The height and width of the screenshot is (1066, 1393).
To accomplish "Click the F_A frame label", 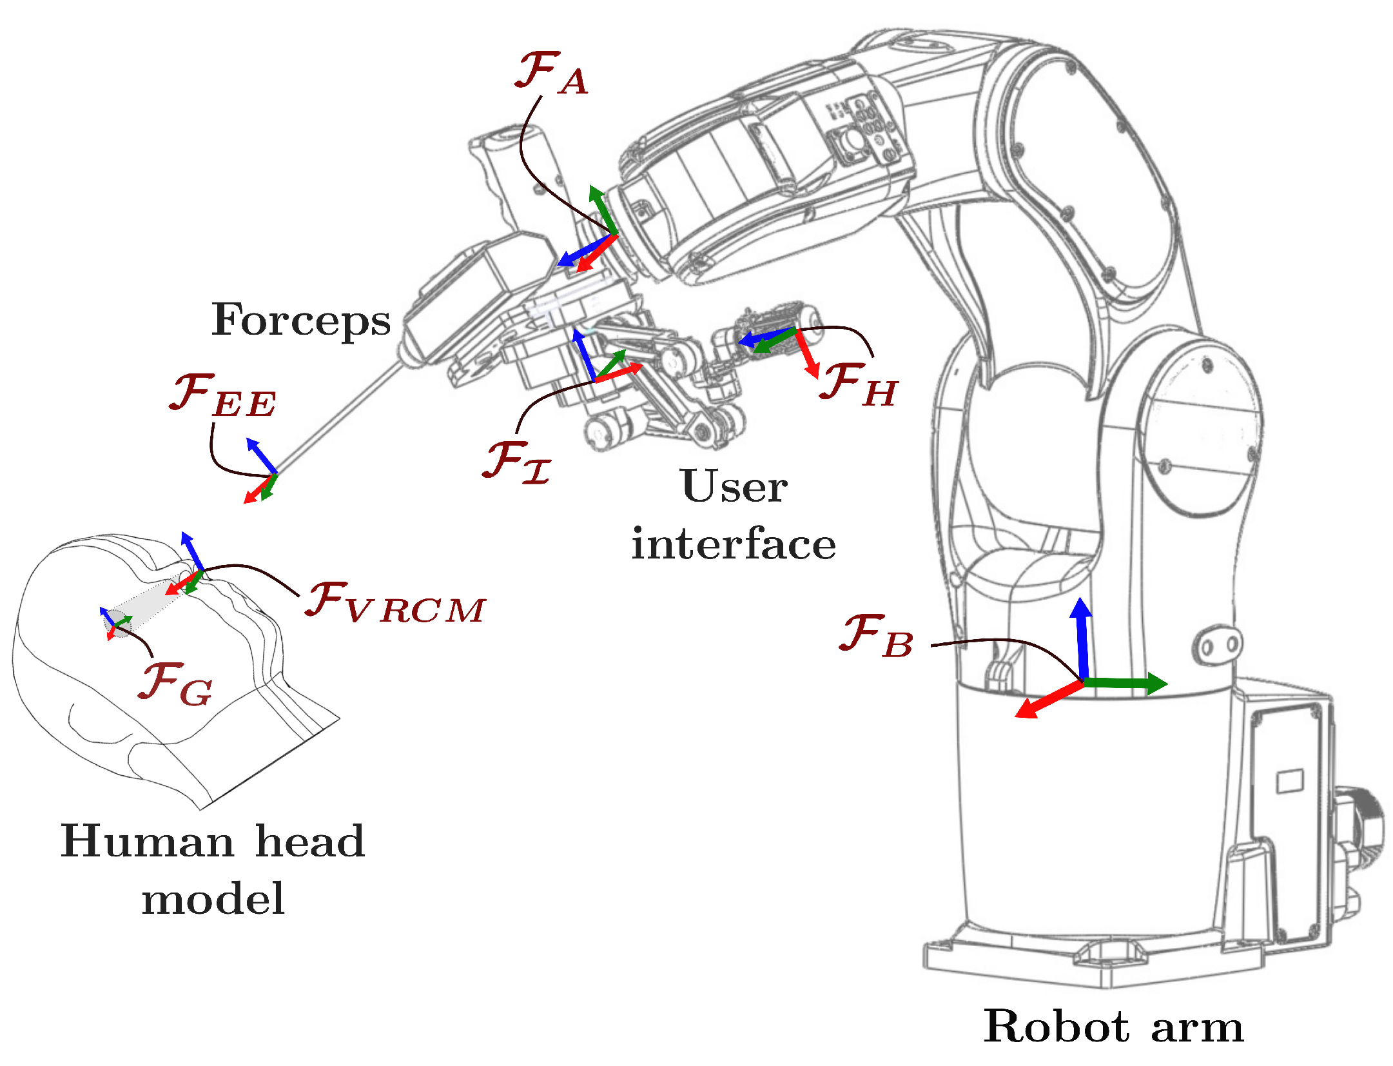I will pyautogui.click(x=551, y=74).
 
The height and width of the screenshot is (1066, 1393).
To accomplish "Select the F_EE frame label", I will pyautogui.click(x=222, y=397).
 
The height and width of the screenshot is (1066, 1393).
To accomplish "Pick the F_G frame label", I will pyautogui.click(x=175, y=684).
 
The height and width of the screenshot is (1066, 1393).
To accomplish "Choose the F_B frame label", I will pyautogui.click(x=876, y=637).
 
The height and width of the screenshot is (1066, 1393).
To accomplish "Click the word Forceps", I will pyautogui.click(x=300, y=321).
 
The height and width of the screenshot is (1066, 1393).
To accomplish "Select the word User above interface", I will pyautogui.click(x=733, y=486).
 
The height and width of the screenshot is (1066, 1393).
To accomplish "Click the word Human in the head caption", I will pyautogui.click(x=147, y=842).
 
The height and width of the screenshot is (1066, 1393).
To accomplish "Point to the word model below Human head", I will pyautogui.click(x=213, y=899).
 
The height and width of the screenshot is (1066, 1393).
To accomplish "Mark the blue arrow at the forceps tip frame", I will pyautogui.click(x=262, y=455).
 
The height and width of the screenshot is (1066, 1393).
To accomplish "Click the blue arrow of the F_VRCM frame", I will pyautogui.click(x=192, y=551).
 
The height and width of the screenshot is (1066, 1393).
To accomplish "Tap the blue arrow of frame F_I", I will pyautogui.click(x=584, y=354).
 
